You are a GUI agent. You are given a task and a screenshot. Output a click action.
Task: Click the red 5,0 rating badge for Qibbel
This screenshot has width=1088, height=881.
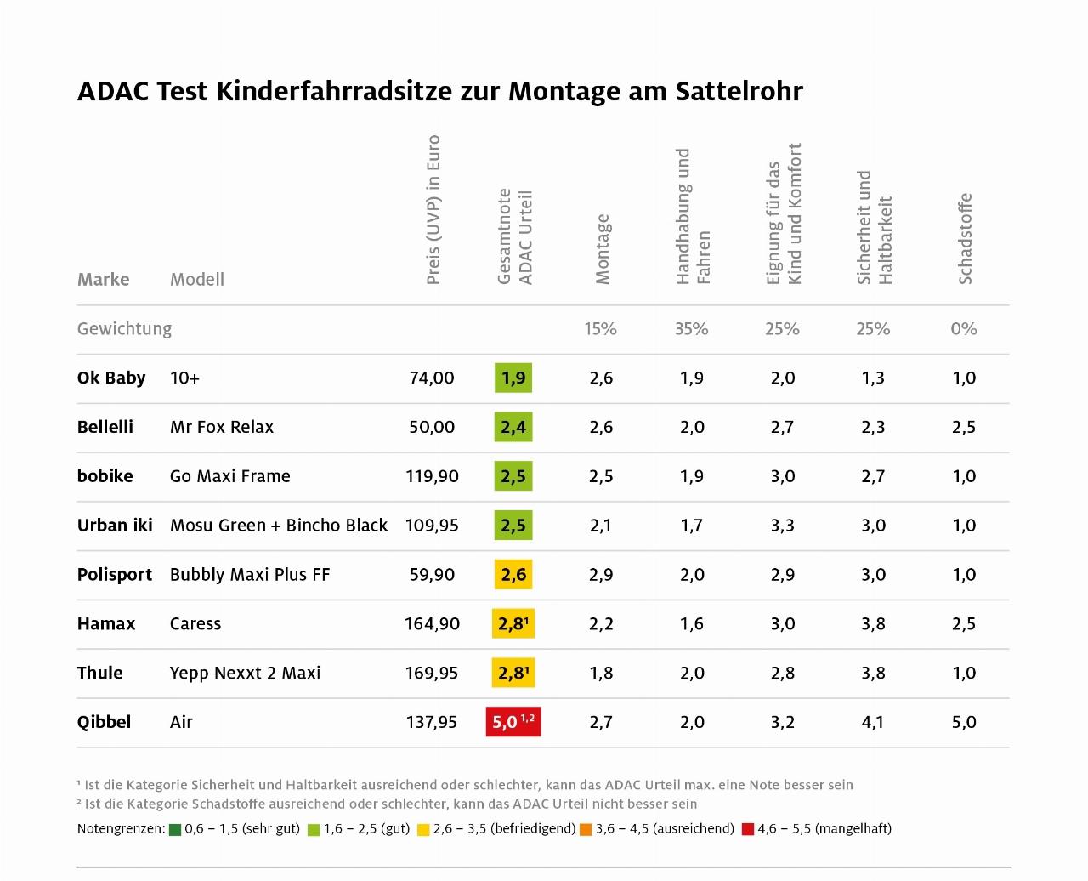point(513,722)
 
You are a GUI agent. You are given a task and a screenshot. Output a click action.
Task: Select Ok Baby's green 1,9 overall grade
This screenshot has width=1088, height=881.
point(513,378)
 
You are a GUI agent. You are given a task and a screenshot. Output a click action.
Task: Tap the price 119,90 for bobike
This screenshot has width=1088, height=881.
point(432,476)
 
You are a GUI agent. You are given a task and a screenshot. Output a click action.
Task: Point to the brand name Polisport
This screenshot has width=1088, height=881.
point(115,575)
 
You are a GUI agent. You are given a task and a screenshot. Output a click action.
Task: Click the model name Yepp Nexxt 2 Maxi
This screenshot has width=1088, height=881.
point(245,673)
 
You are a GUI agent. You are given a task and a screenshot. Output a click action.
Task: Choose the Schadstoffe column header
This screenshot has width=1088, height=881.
point(965,239)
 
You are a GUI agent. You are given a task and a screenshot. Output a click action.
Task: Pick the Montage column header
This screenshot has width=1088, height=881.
point(603,249)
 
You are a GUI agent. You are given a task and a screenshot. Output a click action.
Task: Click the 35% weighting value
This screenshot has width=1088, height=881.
point(692,329)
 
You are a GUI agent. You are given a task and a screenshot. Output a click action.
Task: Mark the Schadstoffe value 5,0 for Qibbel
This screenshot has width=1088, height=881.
point(964,722)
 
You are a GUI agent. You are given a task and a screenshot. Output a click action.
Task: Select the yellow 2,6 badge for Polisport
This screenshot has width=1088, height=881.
point(513,575)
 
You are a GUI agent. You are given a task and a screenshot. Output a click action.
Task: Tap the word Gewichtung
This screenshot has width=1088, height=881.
point(124,329)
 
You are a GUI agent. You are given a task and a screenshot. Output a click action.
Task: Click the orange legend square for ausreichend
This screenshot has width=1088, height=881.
point(586,829)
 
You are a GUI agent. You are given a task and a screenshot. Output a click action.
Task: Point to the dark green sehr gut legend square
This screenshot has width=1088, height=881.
point(175,829)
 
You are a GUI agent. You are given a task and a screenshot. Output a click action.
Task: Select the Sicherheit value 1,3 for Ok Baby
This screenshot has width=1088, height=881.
point(873,378)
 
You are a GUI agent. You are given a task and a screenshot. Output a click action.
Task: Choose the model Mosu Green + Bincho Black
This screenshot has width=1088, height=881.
point(279,526)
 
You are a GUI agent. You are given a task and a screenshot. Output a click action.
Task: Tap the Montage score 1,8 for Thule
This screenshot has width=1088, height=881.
point(601,673)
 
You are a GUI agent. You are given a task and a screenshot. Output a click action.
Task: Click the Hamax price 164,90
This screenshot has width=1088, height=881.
point(432,623)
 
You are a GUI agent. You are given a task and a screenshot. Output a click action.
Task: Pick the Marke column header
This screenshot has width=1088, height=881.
point(104,280)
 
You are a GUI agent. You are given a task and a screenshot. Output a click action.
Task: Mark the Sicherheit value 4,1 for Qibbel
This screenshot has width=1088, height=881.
point(873,722)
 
